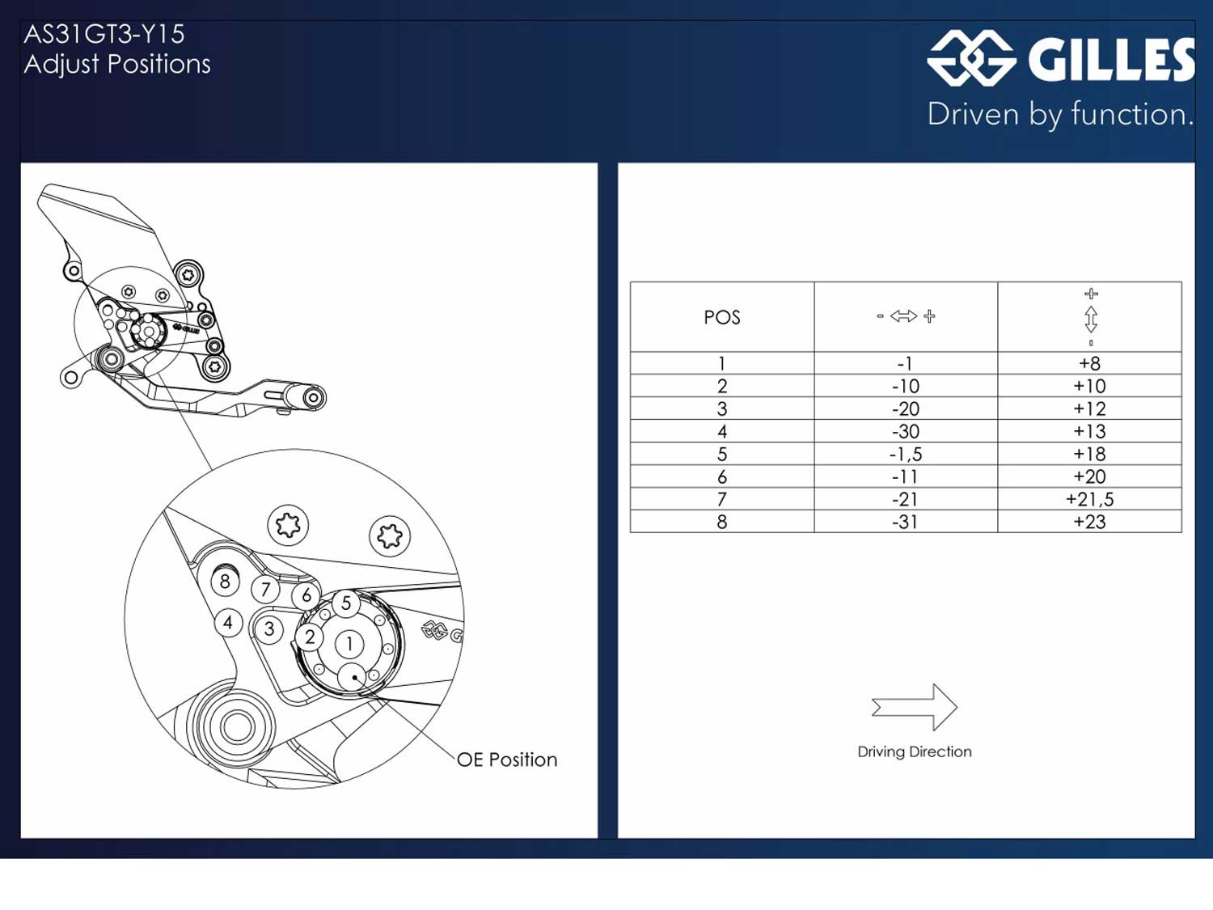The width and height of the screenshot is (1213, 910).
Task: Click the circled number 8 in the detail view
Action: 225,581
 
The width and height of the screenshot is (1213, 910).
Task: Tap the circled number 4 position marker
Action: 228,623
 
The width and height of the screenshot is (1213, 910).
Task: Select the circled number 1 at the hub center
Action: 349,644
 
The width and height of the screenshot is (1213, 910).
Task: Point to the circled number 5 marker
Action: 346,603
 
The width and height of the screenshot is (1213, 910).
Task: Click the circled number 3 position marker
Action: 269,629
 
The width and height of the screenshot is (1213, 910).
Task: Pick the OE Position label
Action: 507,760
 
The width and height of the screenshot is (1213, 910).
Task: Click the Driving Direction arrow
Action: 915,707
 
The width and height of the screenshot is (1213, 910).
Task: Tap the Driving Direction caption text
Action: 915,751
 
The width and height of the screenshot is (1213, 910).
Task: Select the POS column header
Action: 722,317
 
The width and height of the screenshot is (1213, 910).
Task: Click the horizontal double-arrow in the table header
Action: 904,316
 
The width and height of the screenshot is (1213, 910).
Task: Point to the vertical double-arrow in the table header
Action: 1090,319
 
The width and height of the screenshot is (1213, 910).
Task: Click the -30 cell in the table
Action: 905,431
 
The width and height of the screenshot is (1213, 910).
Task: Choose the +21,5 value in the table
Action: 1089,499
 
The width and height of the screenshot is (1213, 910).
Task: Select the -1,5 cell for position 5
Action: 905,454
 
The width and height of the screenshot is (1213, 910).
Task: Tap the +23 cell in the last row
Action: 1089,522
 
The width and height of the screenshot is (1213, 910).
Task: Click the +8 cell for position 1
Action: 1089,363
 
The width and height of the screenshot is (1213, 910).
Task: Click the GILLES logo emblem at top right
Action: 970,58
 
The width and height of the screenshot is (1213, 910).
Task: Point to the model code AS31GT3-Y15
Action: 104,34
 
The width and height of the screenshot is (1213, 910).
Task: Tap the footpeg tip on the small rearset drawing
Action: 314,397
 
